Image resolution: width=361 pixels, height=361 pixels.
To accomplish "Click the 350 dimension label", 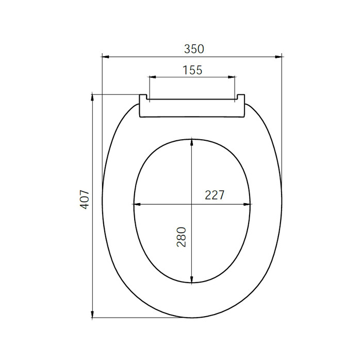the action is pos(194,49).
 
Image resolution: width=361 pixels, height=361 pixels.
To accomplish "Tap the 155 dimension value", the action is pos(192,70).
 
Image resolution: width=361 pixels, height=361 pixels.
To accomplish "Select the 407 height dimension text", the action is pos(84,200).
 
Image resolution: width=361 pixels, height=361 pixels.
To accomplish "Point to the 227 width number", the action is pos(215,195).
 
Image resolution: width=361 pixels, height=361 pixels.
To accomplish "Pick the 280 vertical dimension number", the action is pos(182,237).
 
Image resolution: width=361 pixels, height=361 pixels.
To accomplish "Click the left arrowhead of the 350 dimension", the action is pos(105,57).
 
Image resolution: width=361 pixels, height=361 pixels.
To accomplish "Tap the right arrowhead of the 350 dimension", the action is pos(278,57).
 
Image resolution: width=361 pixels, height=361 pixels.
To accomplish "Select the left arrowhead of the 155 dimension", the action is pos(153,77).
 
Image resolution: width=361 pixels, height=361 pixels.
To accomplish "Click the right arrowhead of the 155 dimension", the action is pos(232,77).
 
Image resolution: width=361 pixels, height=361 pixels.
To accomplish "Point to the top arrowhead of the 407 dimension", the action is pos(92,97).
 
